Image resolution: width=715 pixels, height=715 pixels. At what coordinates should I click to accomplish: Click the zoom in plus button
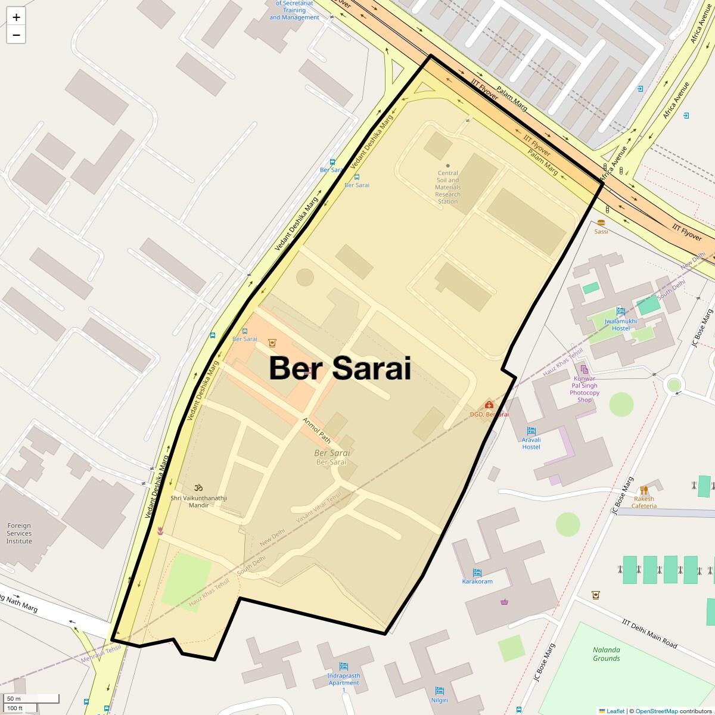tap(16, 17)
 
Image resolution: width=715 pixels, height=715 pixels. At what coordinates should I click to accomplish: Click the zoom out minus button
tap(16, 35)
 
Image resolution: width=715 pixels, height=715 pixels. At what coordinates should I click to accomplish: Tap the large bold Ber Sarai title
tap(340, 368)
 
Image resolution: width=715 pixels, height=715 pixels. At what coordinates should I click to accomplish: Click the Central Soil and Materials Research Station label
tap(447, 187)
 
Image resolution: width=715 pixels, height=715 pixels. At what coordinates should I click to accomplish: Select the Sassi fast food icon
tap(601, 223)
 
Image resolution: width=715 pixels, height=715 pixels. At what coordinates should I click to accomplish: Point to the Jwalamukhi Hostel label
tap(620, 325)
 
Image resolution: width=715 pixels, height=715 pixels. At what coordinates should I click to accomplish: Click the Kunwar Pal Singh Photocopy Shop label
tap(584, 389)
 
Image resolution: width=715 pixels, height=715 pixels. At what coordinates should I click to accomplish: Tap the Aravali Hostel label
tap(531, 443)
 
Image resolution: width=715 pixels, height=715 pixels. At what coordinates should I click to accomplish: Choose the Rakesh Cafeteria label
tap(643, 502)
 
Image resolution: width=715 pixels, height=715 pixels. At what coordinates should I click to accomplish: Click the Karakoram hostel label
tap(477, 582)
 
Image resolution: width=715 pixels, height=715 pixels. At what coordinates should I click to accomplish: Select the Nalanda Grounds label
tap(607, 654)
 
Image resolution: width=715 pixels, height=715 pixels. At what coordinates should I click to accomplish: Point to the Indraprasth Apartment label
tap(344, 679)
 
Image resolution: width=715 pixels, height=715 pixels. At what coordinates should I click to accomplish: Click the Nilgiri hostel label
tap(439, 700)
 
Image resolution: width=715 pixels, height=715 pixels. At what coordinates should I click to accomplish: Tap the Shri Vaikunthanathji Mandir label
tap(199, 502)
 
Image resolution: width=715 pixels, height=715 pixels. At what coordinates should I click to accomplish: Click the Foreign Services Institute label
tap(19, 533)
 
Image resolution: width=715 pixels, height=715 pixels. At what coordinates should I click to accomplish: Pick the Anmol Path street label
tap(316, 430)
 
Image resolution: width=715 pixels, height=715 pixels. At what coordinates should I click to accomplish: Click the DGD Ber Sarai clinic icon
tap(489, 405)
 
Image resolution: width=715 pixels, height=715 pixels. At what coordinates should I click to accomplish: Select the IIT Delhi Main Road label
tap(649, 634)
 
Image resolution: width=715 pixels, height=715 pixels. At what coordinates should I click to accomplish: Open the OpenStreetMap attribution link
tap(656, 711)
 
